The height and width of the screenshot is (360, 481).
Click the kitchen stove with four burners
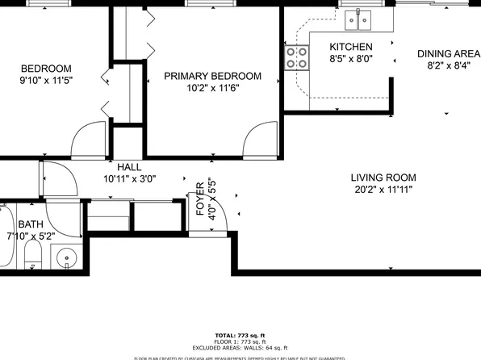[x=297, y=57]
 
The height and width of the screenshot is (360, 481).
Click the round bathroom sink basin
[x=66, y=259]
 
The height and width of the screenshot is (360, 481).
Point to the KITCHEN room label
[x=350, y=47]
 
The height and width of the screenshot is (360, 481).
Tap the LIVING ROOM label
[x=383, y=178]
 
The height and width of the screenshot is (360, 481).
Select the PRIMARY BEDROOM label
[x=212, y=76]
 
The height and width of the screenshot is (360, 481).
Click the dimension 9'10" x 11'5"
[x=46, y=81]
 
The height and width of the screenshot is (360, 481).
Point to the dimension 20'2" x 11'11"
[x=383, y=190]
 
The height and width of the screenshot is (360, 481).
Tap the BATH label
[x=31, y=224]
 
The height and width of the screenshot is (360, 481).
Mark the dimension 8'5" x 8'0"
[x=350, y=59]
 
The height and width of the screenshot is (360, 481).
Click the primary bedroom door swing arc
[x=261, y=137]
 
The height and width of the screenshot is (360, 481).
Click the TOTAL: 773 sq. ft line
[x=240, y=334]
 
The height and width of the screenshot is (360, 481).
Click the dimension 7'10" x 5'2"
[x=31, y=236]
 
